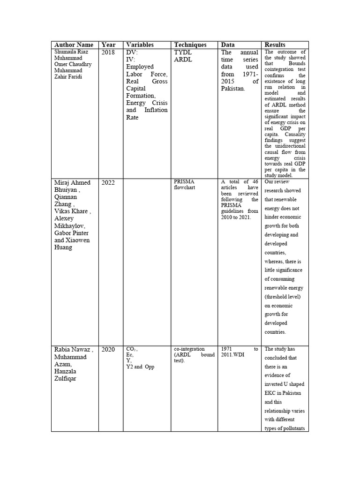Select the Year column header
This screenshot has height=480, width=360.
pyautogui.click(x=108, y=45)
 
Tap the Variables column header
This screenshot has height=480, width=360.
pyautogui.click(x=140, y=45)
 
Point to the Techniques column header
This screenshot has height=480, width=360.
pyautogui.click(x=190, y=45)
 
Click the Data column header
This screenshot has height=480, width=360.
pyautogui.click(x=228, y=45)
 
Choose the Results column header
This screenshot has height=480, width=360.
pyautogui.click(x=275, y=45)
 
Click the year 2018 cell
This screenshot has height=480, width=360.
pyautogui.click(x=108, y=52)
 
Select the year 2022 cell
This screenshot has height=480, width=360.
pyautogui.click(x=108, y=183)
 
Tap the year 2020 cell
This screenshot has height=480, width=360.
pyautogui.click(x=108, y=350)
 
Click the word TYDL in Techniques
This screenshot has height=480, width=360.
pyautogui.click(x=183, y=52)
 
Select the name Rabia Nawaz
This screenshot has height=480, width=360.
pyautogui.click(x=71, y=350)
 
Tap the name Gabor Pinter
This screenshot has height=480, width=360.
pyautogui.click(x=71, y=233)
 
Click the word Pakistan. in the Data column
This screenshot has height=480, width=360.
pyautogui.click(x=233, y=88)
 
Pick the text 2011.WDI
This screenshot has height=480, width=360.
pyautogui.click(x=233, y=354)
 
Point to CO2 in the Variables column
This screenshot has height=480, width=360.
pyautogui.click(x=131, y=349)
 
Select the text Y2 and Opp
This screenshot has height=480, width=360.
pyautogui.click(x=140, y=367)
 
